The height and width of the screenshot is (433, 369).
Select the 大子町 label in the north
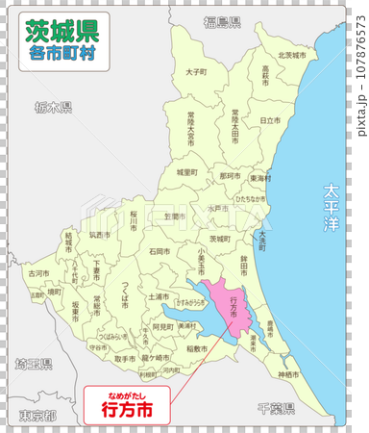point(196,72)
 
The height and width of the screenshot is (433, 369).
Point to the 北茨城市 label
point(291,56)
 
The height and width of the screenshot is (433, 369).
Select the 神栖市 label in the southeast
point(289,373)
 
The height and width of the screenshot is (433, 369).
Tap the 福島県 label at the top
point(220,21)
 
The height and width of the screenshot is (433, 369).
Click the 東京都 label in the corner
point(37,415)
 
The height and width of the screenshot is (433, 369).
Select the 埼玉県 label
point(34,365)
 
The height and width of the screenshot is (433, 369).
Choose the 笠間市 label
point(173,217)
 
